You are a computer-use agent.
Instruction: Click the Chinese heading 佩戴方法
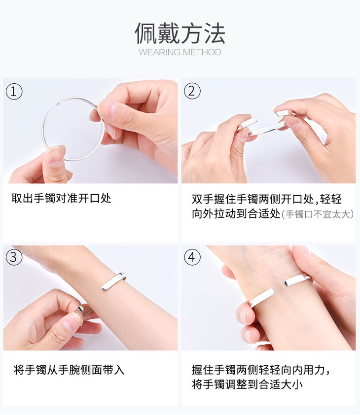tap(180, 34)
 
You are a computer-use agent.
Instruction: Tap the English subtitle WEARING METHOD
tap(180, 52)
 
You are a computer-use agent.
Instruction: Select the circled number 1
tap(14, 92)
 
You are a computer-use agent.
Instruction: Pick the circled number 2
tap(192, 91)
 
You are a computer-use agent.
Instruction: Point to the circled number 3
tap(14, 257)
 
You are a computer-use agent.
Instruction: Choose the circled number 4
tap(192, 257)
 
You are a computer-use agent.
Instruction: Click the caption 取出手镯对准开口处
tap(61, 198)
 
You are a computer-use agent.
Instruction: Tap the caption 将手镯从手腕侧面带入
tap(69, 370)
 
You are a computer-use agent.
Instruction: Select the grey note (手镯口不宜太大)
tap(318, 214)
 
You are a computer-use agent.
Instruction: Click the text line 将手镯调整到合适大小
tap(247, 384)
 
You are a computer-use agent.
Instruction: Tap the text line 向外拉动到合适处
tap(236, 214)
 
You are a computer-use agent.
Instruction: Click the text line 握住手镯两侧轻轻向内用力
tap(261, 370)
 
